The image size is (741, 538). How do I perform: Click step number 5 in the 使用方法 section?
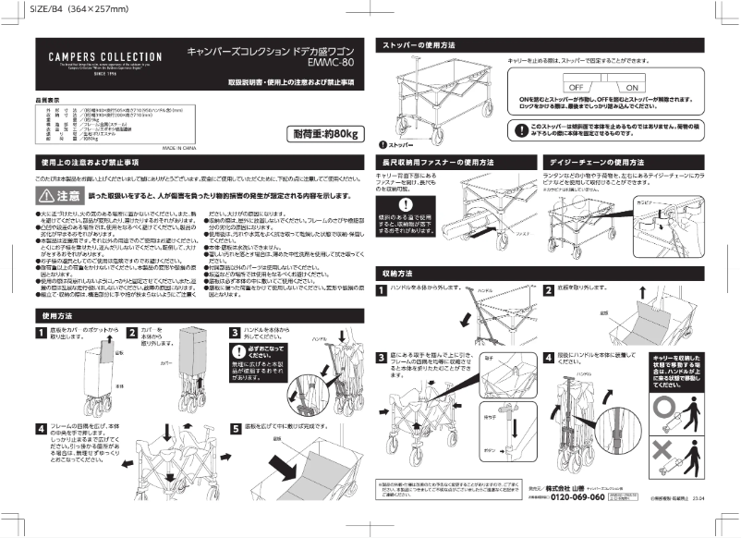(x=236, y=428)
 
